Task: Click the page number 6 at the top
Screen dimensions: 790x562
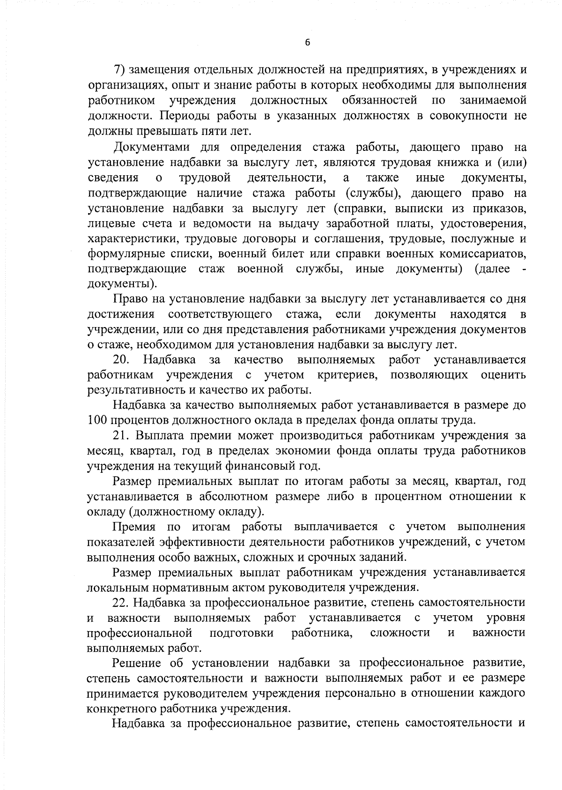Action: coord(307,43)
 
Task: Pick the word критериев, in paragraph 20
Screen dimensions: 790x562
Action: coord(347,375)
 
